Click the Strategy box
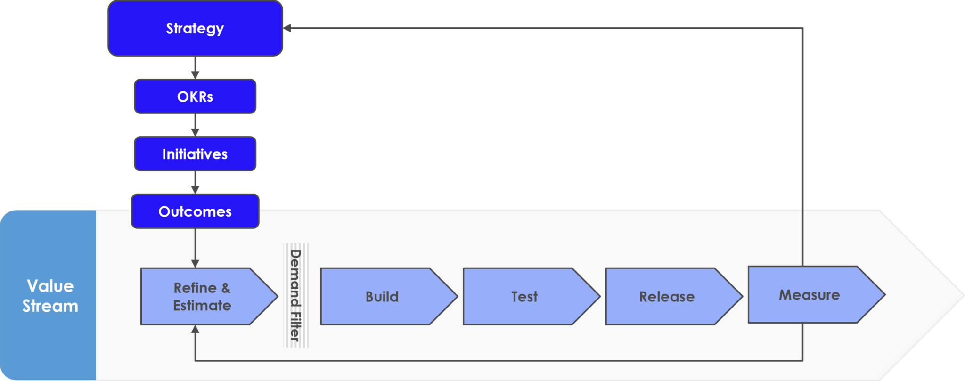click(x=195, y=28)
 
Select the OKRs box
click(x=195, y=97)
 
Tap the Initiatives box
click(x=195, y=154)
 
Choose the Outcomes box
click(x=195, y=211)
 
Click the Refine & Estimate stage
click(x=203, y=296)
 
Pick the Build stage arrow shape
click(x=382, y=296)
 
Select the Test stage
click(x=524, y=296)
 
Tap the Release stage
click(x=667, y=296)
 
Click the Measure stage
click(x=809, y=295)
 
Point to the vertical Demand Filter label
click(x=295, y=295)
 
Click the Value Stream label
click(x=50, y=296)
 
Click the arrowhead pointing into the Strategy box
click(x=287, y=28)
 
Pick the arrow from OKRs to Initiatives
click(x=195, y=125)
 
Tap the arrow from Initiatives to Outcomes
click(x=195, y=183)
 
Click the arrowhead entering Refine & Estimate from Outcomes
click(x=195, y=263)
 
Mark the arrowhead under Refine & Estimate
click(x=195, y=329)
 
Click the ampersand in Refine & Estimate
click(x=226, y=288)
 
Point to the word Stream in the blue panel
click(x=50, y=306)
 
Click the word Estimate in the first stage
click(x=202, y=306)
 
